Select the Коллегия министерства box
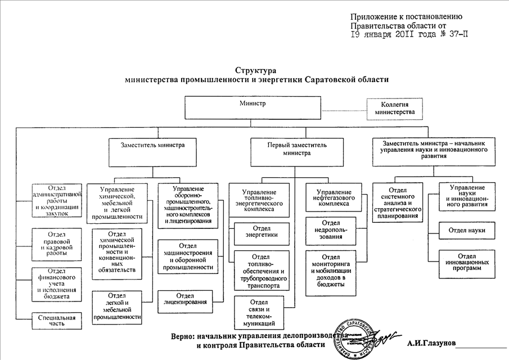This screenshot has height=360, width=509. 394,109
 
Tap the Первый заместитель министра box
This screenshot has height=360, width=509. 296,148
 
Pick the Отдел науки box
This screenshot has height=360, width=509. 467,231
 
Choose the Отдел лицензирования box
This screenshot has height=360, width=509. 186,299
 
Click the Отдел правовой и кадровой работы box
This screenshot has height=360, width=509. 57,244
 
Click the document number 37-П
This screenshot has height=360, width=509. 458,34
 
